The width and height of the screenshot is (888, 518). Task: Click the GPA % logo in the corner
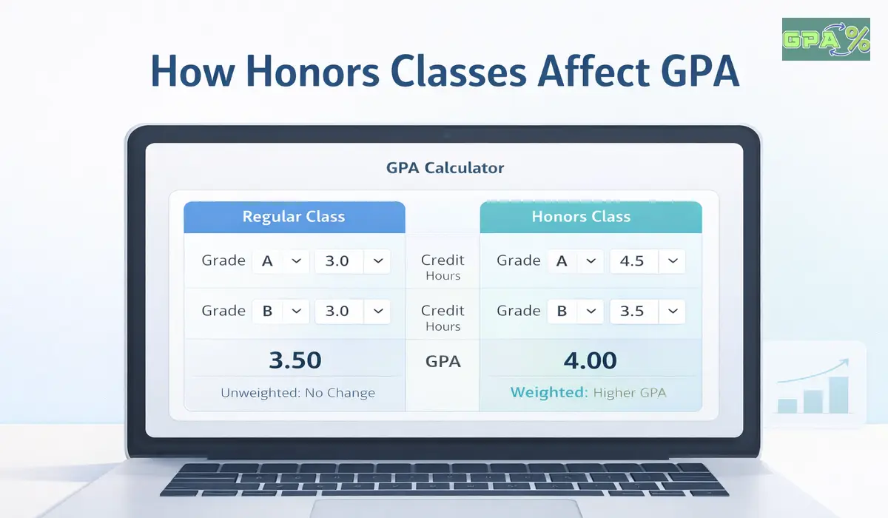click(x=825, y=39)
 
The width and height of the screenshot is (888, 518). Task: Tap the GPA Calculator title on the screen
click(x=445, y=168)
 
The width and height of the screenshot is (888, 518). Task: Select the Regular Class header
click(x=294, y=217)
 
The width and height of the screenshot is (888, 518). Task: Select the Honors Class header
click(x=581, y=217)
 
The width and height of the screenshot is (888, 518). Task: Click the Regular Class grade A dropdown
click(x=280, y=261)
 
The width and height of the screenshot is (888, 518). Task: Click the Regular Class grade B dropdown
click(x=280, y=312)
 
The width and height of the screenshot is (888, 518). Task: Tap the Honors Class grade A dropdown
click(x=575, y=261)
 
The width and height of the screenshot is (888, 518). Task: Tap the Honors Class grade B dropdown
click(x=575, y=312)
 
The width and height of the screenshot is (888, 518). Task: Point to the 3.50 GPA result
click(x=295, y=360)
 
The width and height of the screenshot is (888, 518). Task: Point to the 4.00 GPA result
click(x=590, y=360)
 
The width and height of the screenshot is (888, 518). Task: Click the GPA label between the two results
click(x=443, y=362)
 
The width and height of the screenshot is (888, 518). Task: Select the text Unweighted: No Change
click(x=297, y=393)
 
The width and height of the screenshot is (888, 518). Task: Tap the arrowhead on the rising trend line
click(x=844, y=363)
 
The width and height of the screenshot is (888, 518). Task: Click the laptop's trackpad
click(x=445, y=509)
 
